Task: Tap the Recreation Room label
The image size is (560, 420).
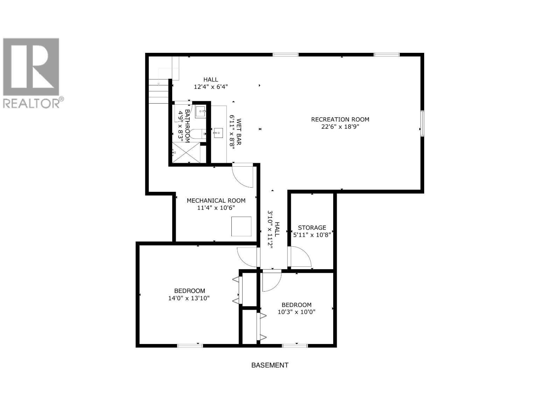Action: [x=340, y=119]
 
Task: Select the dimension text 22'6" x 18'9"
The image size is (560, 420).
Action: [x=340, y=127]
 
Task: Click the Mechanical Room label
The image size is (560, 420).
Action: [x=216, y=201]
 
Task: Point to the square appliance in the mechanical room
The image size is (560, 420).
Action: [x=241, y=226]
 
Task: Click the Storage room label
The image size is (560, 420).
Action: [x=312, y=227]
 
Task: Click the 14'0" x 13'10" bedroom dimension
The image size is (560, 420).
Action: [x=189, y=298]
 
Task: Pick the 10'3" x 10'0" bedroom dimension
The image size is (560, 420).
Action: [x=296, y=312]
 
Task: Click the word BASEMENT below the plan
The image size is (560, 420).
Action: [x=270, y=365]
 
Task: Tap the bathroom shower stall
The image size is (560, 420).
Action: [x=187, y=153]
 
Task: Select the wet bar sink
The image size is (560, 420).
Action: [x=218, y=133]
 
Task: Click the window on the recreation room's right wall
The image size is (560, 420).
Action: [x=422, y=123]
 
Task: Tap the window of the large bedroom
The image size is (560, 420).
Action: [x=190, y=346]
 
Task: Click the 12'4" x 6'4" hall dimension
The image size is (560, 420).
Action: [x=211, y=87]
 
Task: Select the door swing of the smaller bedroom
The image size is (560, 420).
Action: [x=271, y=281]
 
